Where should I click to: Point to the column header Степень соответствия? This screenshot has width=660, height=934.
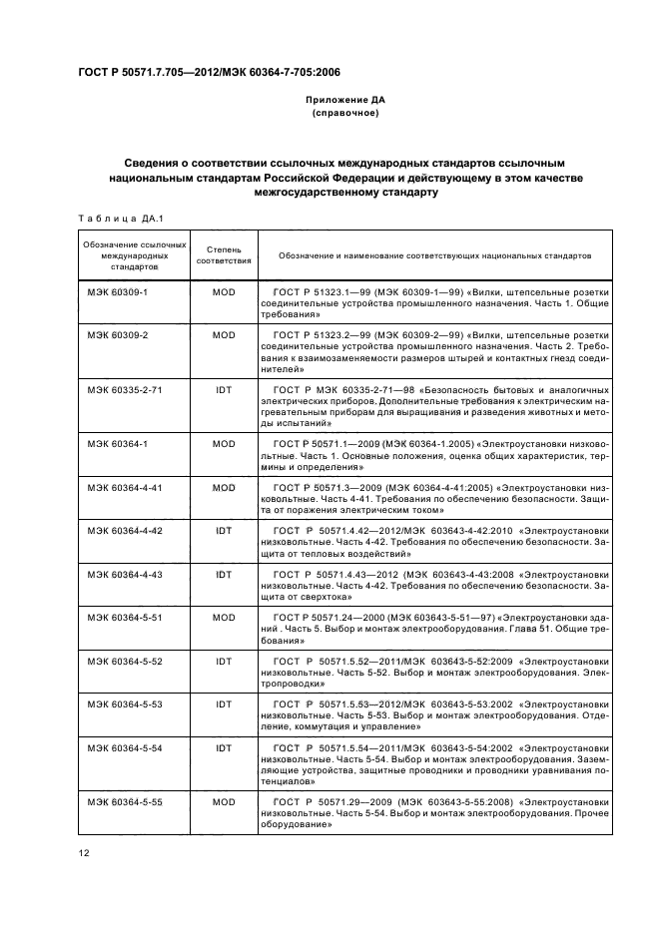(224, 254)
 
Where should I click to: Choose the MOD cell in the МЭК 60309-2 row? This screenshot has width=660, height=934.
(224, 334)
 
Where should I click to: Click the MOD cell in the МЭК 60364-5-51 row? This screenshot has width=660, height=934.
(224, 617)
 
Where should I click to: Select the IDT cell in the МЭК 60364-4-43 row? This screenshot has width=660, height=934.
(224, 576)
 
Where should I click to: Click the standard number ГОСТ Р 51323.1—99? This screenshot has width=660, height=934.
(317, 293)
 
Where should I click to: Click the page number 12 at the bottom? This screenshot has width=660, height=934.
(84, 850)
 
